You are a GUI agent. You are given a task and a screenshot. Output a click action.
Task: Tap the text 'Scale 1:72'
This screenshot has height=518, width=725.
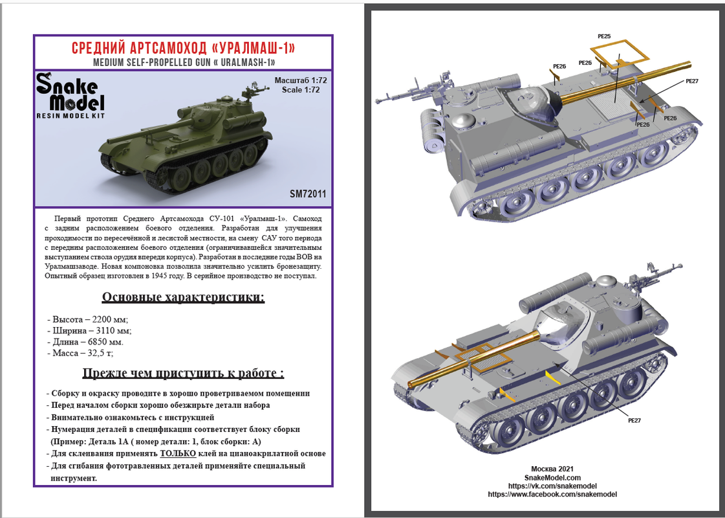[301, 90]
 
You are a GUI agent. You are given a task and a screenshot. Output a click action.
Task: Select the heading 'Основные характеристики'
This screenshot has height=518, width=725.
[183, 297]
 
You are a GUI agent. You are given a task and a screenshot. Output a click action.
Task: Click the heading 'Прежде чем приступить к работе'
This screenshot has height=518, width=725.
[183, 374]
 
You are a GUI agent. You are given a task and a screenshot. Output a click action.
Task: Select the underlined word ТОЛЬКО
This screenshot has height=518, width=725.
[179, 454]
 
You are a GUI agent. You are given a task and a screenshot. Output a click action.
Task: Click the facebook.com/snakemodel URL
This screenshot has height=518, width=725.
[552, 495]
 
